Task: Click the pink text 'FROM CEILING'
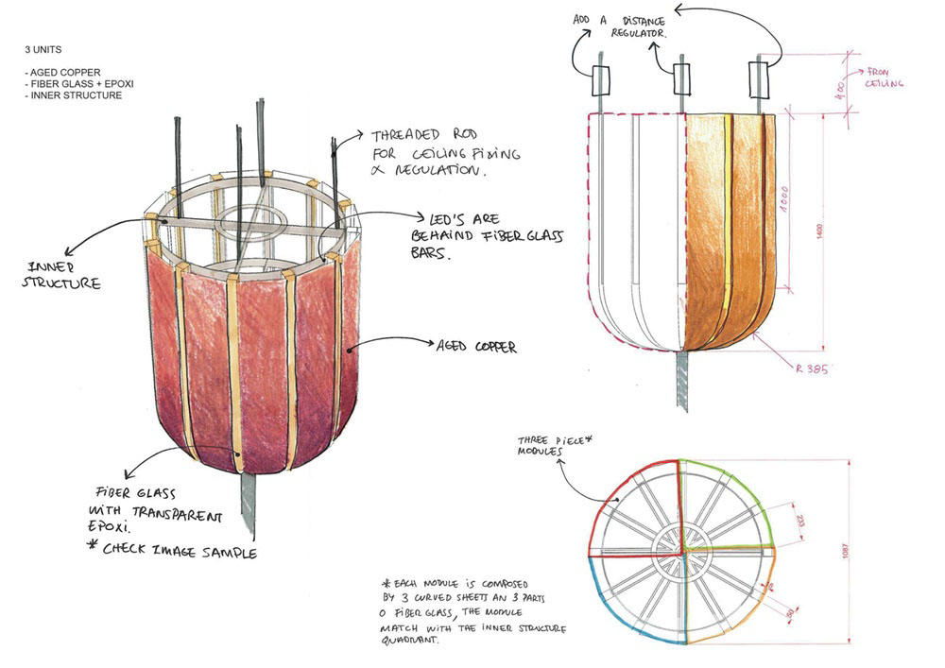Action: coord(885,77)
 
